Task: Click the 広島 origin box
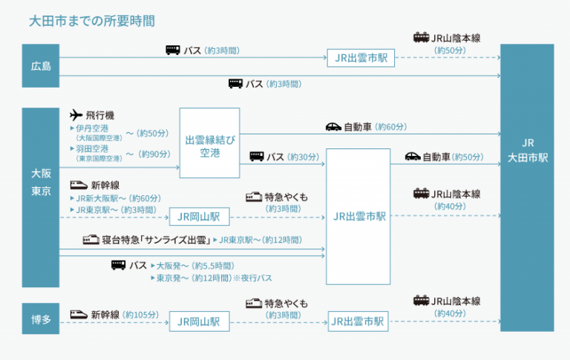click(x=41, y=66)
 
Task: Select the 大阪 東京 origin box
click(x=41, y=182)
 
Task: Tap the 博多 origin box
click(x=41, y=318)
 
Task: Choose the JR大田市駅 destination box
click(x=527, y=150)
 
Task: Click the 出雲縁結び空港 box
click(x=209, y=143)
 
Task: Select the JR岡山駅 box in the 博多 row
click(x=199, y=321)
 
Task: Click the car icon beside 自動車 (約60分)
click(x=334, y=127)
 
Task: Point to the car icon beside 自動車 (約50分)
click(x=413, y=157)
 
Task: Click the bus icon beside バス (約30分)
click(x=257, y=157)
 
